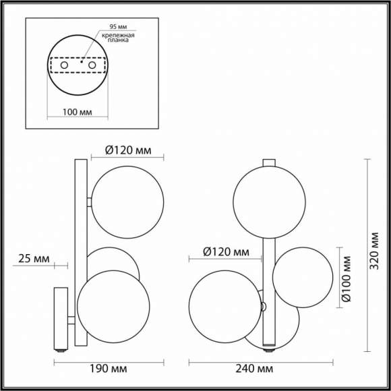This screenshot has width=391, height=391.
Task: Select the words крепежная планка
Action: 118,38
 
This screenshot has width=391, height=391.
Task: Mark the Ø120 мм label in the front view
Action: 226,253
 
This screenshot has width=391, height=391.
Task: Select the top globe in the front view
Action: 264,201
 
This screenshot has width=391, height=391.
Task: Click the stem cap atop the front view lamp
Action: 268,163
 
